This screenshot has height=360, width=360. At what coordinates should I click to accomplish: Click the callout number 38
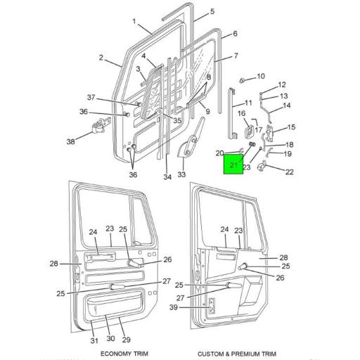70,142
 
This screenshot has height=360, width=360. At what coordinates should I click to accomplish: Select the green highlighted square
233,166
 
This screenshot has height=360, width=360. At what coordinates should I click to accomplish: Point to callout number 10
261,76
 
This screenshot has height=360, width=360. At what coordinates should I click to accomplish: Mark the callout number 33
181,174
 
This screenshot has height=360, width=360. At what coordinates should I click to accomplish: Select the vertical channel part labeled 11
233,112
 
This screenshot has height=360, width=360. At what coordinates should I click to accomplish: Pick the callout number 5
212,11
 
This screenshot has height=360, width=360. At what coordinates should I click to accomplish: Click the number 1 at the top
134,21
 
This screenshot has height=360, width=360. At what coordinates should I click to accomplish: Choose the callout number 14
286,106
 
